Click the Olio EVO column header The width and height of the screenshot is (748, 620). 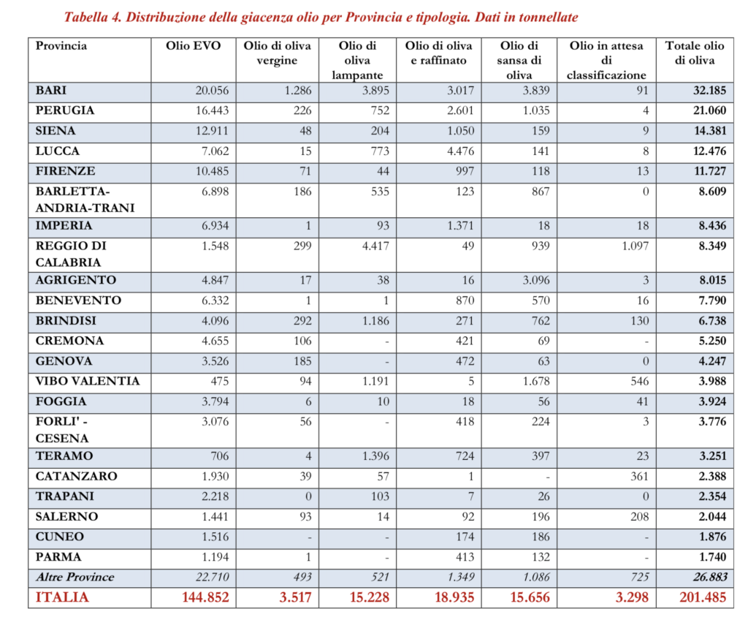(x=196, y=46)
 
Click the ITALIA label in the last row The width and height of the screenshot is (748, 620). (x=62, y=597)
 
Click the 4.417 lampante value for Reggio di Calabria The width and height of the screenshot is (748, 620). (x=375, y=246)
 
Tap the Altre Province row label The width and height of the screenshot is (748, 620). (x=75, y=577)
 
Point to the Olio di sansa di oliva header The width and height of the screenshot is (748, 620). (x=521, y=60)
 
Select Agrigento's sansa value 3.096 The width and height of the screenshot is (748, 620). (x=533, y=280)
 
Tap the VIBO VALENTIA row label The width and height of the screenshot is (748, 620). (x=87, y=381)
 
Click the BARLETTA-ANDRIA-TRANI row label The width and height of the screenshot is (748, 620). (x=85, y=199)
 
